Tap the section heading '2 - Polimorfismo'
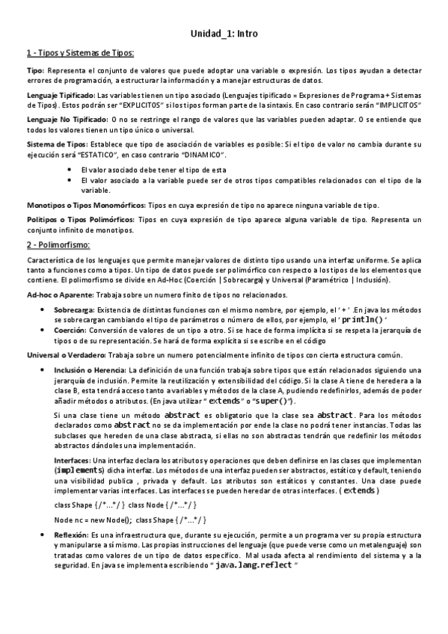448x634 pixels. tap(58, 245)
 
